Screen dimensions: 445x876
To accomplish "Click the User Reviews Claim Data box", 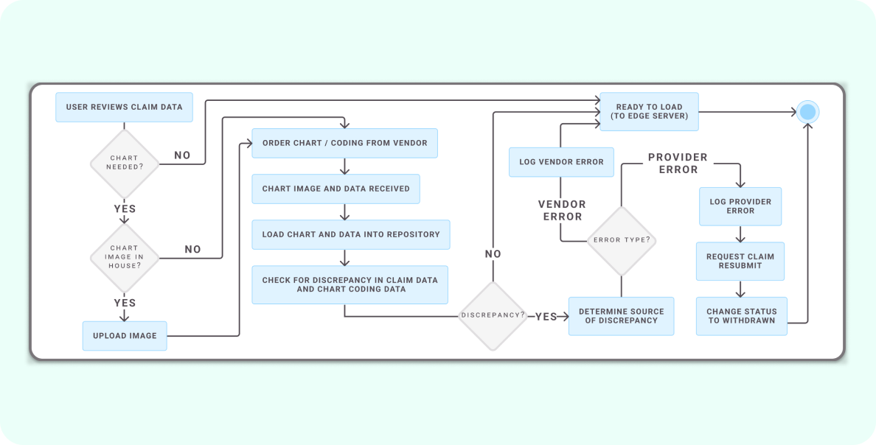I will [124, 107].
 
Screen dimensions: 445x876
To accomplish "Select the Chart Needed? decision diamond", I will [124, 163].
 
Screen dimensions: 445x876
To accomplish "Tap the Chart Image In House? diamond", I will [124, 257].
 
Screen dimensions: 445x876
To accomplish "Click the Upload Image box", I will [125, 336].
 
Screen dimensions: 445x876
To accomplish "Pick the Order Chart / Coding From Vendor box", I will [344, 143].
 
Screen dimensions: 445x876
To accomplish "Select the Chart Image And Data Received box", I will [336, 189].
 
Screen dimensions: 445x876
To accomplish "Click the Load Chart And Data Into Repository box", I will [350, 234].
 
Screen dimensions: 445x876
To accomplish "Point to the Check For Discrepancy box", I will [350, 284].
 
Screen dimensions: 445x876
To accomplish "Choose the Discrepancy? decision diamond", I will [493, 315].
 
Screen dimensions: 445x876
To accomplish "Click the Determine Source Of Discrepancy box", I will [621, 316].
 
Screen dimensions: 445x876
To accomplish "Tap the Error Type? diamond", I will [621, 240].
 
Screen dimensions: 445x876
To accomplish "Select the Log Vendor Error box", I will [561, 162].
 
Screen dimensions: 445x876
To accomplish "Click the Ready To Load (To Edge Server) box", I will [649, 111].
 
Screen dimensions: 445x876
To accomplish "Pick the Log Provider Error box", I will [740, 206].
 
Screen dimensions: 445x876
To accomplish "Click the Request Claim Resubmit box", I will [740, 261].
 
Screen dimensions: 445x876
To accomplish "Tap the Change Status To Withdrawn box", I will [741, 316].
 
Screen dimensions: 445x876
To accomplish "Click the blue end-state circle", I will [807, 112].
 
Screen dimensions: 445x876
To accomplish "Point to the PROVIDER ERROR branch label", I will [678, 164].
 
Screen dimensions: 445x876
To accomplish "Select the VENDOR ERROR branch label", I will [562, 210].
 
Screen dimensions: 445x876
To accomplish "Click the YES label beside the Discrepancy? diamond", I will [546, 316].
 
